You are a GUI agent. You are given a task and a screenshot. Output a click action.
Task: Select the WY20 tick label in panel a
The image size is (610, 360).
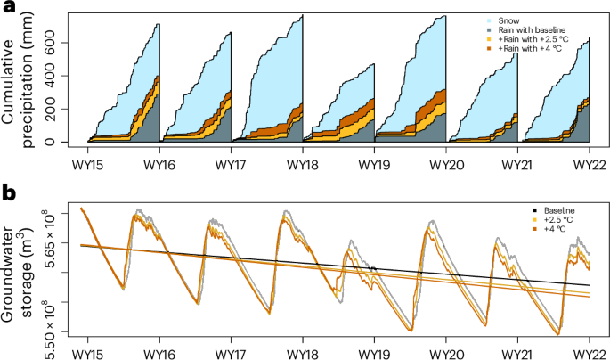(x=445, y=166)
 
